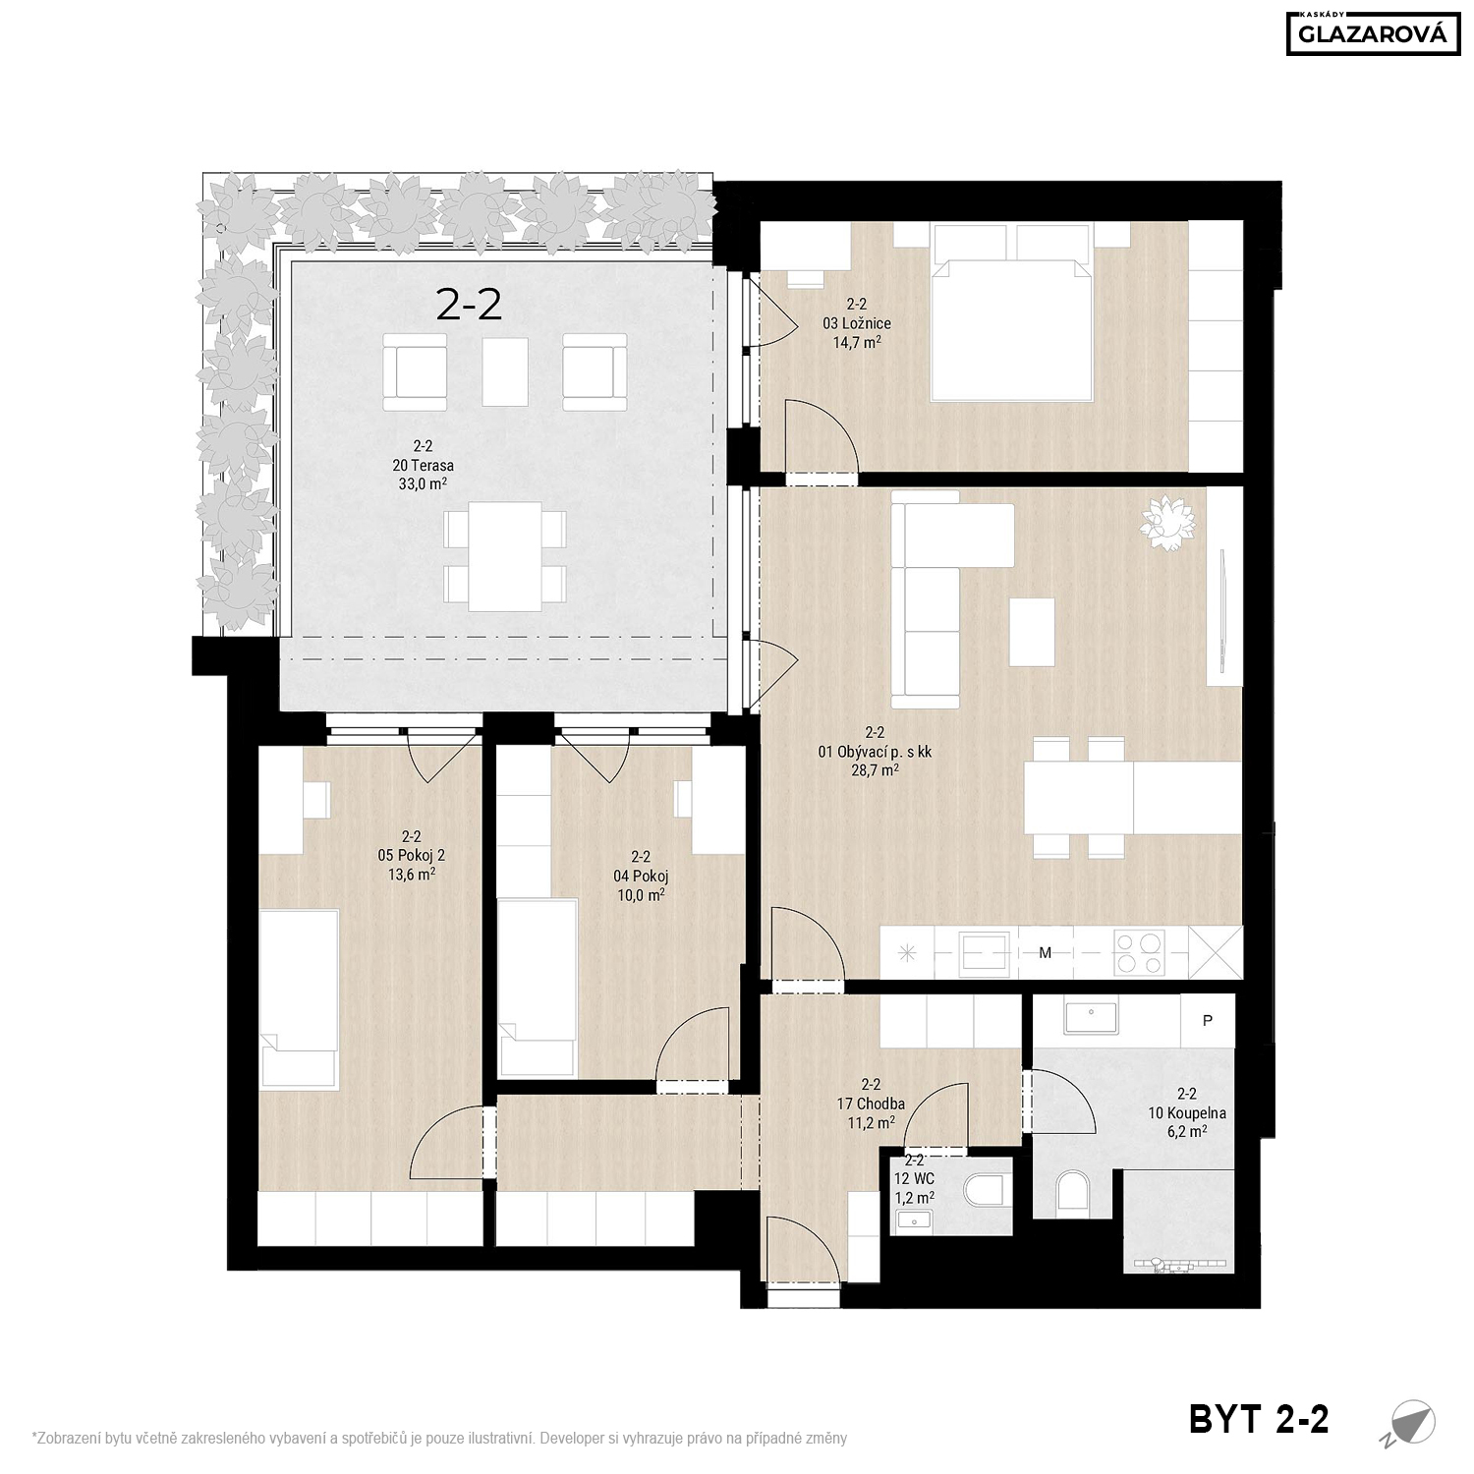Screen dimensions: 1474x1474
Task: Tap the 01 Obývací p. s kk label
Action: click(875, 753)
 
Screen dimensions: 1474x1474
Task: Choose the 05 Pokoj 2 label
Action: click(412, 855)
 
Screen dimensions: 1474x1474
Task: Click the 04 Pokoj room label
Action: click(641, 876)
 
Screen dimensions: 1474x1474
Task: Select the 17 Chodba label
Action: click(871, 1104)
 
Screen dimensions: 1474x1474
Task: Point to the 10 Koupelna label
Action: click(1187, 1113)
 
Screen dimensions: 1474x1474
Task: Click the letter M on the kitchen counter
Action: click(1046, 952)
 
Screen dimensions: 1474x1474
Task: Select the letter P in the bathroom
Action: click(1208, 1020)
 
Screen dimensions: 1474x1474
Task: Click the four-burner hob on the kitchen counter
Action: click(1138, 952)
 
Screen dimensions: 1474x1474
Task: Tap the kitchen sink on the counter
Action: click(985, 952)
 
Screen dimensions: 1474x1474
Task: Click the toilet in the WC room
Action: click(988, 1191)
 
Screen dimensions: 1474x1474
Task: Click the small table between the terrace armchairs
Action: click(505, 371)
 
